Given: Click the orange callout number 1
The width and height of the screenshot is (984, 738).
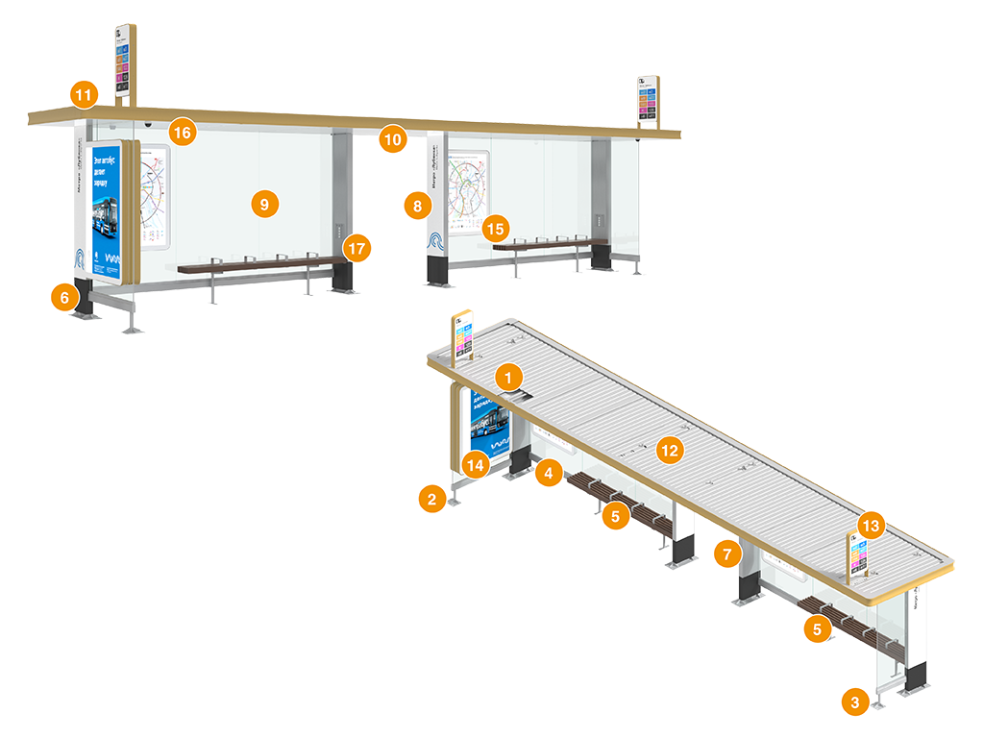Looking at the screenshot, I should pyautogui.click(x=508, y=376).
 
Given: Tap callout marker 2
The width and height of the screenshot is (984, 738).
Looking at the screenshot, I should pyautogui.click(x=431, y=498).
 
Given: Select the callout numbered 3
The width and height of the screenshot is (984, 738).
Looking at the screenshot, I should pyautogui.click(x=854, y=701).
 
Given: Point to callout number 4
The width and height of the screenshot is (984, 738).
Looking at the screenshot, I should pyautogui.click(x=549, y=472).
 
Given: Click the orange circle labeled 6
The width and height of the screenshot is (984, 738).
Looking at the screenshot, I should pyautogui.click(x=64, y=298).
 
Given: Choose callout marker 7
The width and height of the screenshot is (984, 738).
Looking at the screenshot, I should pyautogui.click(x=727, y=553).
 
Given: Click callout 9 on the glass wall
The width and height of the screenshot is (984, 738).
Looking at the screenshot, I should pyautogui.click(x=263, y=203).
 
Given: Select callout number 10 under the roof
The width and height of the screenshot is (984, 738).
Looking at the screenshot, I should pyautogui.click(x=391, y=139).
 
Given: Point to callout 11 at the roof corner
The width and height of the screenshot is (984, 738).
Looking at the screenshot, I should pyautogui.click(x=84, y=95).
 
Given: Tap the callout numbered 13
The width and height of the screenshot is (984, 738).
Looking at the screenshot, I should pyautogui.click(x=871, y=526).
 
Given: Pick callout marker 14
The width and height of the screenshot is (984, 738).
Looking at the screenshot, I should pyautogui.click(x=474, y=464).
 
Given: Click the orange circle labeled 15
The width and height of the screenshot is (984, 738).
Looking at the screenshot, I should pyautogui.click(x=495, y=228).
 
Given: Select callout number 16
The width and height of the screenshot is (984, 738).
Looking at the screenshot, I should pyautogui.click(x=183, y=132).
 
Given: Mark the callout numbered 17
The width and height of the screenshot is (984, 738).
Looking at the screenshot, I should pyautogui.click(x=357, y=248).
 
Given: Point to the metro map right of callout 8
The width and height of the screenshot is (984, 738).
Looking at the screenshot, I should pyautogui.click(x=467, y=192).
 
